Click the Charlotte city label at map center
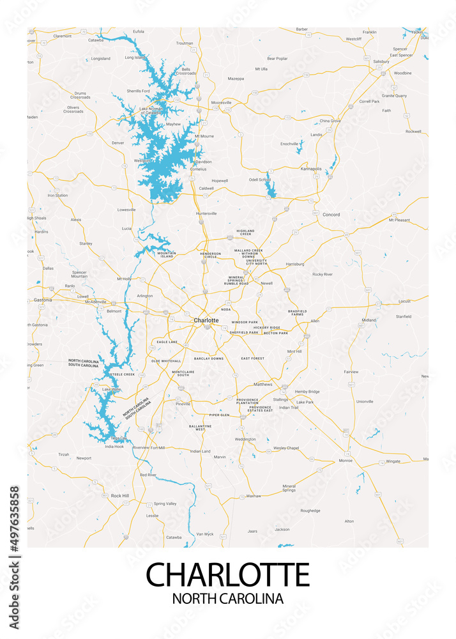coord(206,319)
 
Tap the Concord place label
coord(331,215)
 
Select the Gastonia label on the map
coord(43,299)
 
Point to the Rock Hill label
coord(119,495)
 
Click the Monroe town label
coord(346,460)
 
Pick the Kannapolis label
coord(311,169)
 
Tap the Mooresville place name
coord(221,102)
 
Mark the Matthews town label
coord(262,384)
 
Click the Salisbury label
coord(381,61)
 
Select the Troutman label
coord(184,43)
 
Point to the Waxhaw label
coord(254,495)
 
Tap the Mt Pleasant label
coord(399,220)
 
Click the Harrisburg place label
coord(294,263)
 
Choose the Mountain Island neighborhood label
coord(167,254)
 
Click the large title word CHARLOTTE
coord(228,574)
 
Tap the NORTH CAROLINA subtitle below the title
coord(228,599)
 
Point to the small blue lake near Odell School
coord(270,187)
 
